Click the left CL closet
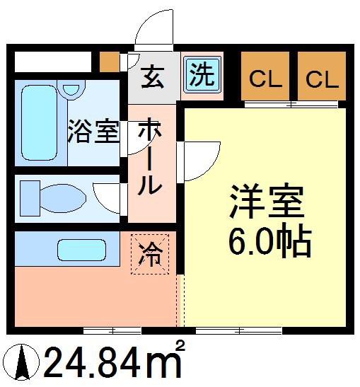[265, 76]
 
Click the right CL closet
[322, 76]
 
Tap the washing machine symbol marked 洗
[202, 74]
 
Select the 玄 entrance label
[153, 76]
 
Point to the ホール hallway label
[150, 156]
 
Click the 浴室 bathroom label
[93, 131]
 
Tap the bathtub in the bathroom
[39, 122]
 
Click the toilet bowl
[63, 198]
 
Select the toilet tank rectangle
[30, 198]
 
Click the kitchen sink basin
[81, 250]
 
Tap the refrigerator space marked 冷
[150, 254]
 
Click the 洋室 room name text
[267, 200]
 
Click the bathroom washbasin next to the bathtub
[71, 90]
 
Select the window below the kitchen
[112, 330]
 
